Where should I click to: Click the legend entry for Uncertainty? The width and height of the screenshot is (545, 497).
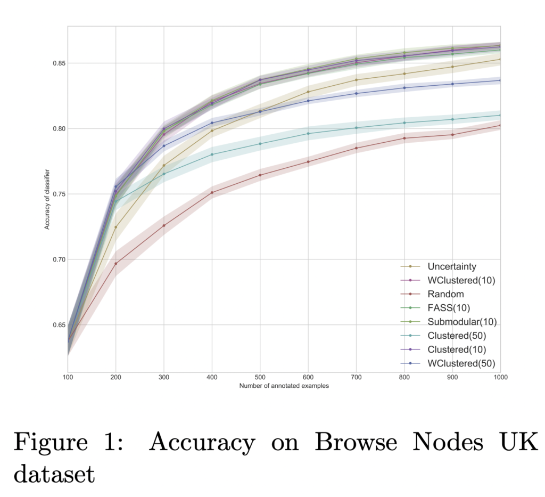452,266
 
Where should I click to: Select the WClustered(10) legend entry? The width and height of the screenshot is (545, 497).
461,280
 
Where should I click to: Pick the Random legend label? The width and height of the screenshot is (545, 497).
445,294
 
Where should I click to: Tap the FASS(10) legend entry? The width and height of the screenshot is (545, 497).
449,308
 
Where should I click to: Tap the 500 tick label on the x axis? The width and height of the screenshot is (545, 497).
260,377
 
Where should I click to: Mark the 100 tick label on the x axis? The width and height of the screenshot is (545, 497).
68,377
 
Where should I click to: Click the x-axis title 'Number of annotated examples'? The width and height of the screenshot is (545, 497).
284,386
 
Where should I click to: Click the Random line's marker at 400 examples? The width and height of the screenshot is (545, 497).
212,192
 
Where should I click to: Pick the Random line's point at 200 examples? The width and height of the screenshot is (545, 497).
115,264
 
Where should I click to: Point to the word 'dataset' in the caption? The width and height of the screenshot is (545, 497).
54,473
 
